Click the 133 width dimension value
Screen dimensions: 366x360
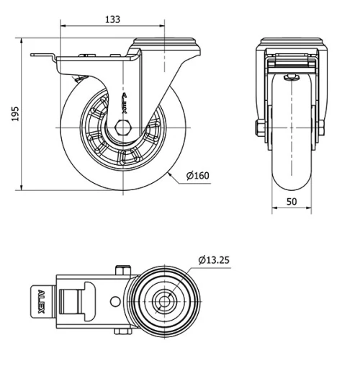(112, 19)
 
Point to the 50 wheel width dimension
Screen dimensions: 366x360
(292, 202)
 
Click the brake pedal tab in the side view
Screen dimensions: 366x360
(44, 57)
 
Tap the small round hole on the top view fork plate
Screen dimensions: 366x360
(113, 300)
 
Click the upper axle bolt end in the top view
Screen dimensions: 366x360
(120, 271)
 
